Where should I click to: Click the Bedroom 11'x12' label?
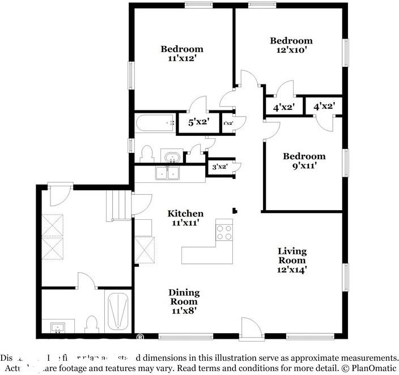pyautogui.click(x=181, y=53)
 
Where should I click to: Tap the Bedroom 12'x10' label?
pyautogui.click(x=291, y=45)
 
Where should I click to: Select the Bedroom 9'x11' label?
pyautogui.click(x=304, y=161)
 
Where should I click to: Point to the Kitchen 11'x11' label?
pyautogui.click(x=185, y=218)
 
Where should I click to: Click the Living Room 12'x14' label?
pyautogui.click(x=292, y=260)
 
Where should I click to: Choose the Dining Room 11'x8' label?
pyautogui.click(x=184, y=301)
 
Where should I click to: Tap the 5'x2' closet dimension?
pyautogui.click(x=199, y=121)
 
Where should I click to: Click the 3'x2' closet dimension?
pyautogui.click(x=219, y=167)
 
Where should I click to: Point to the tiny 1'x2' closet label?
pyautogui.click(x=228, y=123)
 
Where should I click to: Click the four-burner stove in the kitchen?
pyautogui.click(x=224, y=232)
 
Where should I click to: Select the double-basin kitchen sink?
pyautogui.click(x=168, y=173)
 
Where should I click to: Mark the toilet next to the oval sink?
pyautogui.click(x=147, y=154)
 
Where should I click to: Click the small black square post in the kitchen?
pyautogui.click(x=235, y=211)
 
